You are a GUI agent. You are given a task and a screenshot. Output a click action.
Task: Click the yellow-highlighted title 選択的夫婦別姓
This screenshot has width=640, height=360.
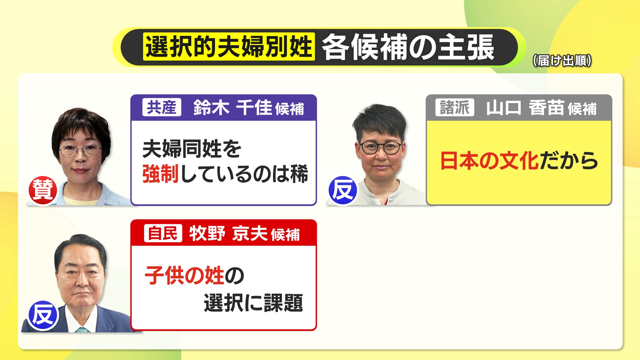229,47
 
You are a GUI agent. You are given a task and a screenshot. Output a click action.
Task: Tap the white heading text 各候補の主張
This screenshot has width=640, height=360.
408,47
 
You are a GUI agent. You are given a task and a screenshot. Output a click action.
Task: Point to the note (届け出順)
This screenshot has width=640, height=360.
562,61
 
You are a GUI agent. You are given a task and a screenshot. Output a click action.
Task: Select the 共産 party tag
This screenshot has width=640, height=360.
162,107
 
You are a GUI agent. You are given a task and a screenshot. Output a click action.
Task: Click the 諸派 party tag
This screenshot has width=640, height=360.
455,107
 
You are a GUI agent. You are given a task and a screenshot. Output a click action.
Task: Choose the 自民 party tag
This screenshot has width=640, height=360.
163,233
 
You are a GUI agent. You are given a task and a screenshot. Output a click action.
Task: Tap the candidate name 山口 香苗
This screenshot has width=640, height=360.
525,108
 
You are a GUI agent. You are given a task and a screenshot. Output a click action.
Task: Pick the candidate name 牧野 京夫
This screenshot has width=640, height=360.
228,233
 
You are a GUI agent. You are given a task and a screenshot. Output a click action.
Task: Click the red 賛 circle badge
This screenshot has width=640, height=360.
43,190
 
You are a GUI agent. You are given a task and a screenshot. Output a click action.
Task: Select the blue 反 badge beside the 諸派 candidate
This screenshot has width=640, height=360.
343,190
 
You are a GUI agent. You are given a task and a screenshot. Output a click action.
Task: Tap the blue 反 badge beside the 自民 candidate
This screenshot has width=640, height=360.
43,315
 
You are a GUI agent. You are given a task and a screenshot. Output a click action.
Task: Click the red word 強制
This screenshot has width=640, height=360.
160,174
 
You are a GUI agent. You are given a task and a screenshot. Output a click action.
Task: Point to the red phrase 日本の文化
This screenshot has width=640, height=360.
490,161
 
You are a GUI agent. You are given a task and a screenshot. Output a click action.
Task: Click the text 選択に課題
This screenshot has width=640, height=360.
253,303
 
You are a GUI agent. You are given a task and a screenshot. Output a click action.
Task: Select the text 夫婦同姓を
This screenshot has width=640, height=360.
192,149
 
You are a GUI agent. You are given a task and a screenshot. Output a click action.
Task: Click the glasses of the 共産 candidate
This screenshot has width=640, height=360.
80,151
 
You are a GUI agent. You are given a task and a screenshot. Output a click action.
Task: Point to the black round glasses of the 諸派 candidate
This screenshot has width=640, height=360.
380,147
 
